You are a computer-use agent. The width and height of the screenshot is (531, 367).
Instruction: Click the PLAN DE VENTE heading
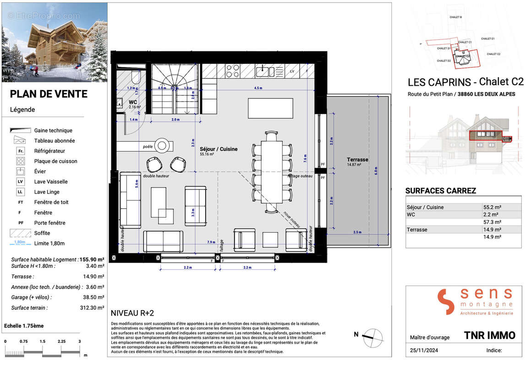49,94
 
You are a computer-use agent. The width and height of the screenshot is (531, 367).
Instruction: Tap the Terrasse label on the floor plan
358,160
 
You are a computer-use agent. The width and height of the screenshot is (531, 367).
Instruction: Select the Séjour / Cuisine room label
219,149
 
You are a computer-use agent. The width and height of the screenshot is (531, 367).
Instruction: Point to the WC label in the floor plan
132,102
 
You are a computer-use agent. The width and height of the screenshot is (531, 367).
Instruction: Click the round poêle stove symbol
163,146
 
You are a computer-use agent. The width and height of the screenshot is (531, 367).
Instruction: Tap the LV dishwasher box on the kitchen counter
292,71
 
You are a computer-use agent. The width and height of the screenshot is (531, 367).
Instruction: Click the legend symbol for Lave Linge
21,192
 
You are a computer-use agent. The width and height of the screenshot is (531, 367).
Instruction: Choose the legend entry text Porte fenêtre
49,223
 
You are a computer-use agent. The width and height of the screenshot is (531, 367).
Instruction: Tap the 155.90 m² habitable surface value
92,260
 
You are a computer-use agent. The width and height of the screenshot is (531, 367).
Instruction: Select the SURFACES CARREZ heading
441,191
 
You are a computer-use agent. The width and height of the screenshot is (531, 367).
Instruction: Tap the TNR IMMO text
489,335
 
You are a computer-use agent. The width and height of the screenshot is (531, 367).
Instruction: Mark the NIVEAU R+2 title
132,313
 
